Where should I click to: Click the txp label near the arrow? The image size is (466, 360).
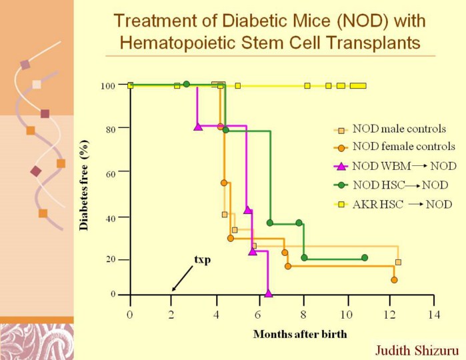[202, 259]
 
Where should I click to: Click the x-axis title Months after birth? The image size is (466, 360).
[300, 333]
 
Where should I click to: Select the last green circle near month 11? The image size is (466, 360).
[365, 257]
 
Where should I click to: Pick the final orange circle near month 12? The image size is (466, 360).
[394, 280]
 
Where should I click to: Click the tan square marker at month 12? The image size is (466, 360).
[398, 262]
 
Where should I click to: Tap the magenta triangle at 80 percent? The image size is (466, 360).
[198, 126]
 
